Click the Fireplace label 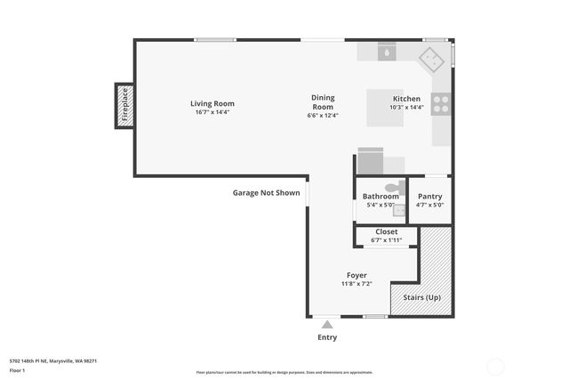click(125, 104)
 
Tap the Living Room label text click(212, 104)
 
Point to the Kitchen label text click(406, 99)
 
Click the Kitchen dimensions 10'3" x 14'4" click(406, 108)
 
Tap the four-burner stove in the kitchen click(441, 103)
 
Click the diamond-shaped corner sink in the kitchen click(433, 60)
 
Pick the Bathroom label click(381, 196)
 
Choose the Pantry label click(429, 196)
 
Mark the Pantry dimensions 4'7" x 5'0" click(429, 205)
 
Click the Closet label click(387, 231)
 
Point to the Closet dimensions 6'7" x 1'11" click(387, 240)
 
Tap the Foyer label click(356, 275)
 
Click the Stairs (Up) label click(421, 297)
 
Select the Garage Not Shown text click(267, 192)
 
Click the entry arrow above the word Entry click(327, 325)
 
